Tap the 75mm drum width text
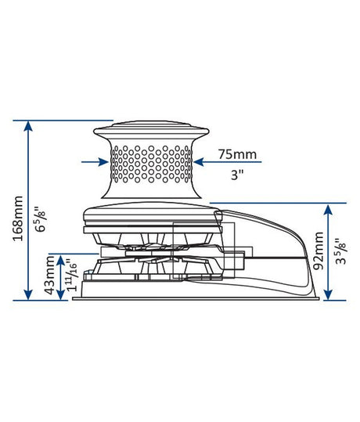coord(235,153)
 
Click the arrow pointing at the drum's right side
coord(200,162)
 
